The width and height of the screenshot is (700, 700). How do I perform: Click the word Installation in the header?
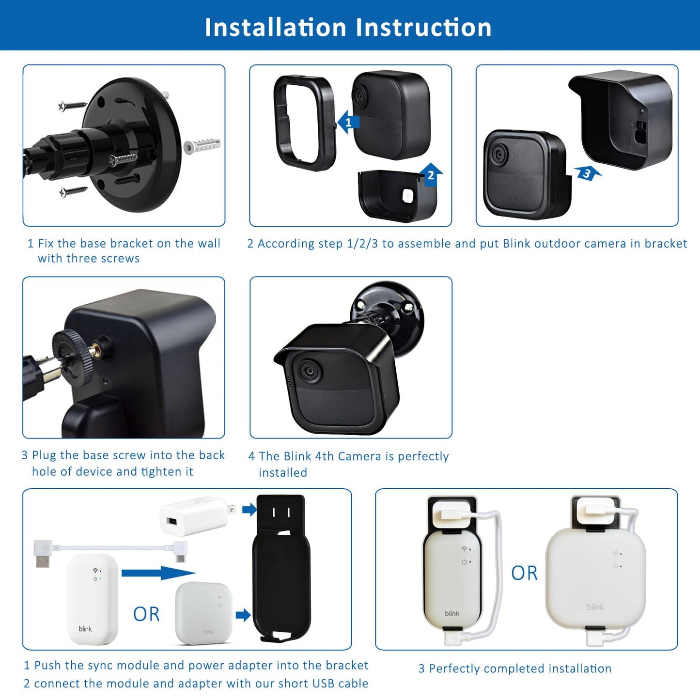275,27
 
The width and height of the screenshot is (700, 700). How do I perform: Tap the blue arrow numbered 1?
348,122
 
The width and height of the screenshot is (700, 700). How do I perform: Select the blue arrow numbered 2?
431,175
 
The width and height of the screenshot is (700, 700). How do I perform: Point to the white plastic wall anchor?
202,145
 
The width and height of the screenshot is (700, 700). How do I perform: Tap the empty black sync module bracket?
281,568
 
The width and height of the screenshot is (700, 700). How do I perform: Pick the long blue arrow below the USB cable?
158,573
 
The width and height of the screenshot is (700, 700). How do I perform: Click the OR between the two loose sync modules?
146,614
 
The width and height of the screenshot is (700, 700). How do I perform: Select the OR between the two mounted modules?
524,573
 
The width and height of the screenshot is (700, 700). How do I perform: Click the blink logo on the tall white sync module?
85,629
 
